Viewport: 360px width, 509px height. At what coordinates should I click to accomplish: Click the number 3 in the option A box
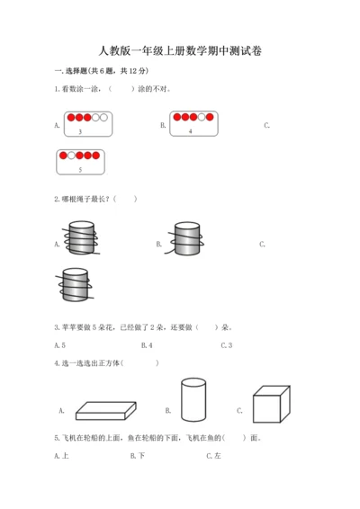pos(81,132)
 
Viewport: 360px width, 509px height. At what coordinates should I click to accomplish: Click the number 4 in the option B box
pos(191,131)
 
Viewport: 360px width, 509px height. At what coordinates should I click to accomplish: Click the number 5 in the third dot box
pos(81,169)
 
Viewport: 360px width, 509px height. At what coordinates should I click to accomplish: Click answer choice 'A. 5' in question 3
pos(59,344)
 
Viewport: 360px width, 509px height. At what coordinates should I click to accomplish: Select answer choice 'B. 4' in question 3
pos(147,344)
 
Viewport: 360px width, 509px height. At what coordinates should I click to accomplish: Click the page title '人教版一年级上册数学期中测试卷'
pos(180,51)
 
